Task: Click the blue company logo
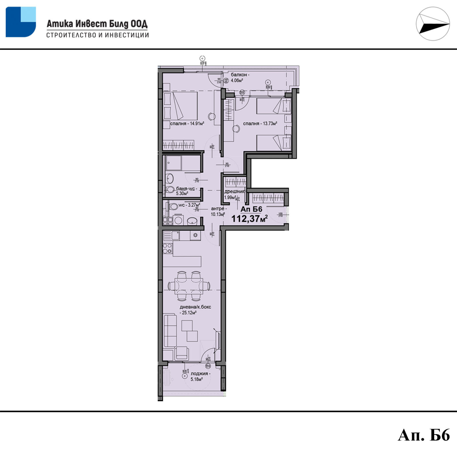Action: [x=21, y=22]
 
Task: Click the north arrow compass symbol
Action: [x=433, y=24]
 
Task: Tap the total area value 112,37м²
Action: [x=249, y=219]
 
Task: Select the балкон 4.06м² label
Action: [x=239, y=77]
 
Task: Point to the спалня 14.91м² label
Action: [x=187, y=124]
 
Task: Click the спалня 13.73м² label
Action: [x=260, y=124]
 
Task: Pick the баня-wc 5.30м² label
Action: [x=186, y=191]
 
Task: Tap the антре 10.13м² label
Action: [x=218, y=211]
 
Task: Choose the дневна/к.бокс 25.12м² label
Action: [x=195, y=310]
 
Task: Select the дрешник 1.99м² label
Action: [x=234, y=194]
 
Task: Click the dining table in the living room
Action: [x=189, y=286]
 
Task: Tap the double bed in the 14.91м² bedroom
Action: [x=181, y=106]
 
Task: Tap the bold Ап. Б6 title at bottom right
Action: [x=424, y=435]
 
